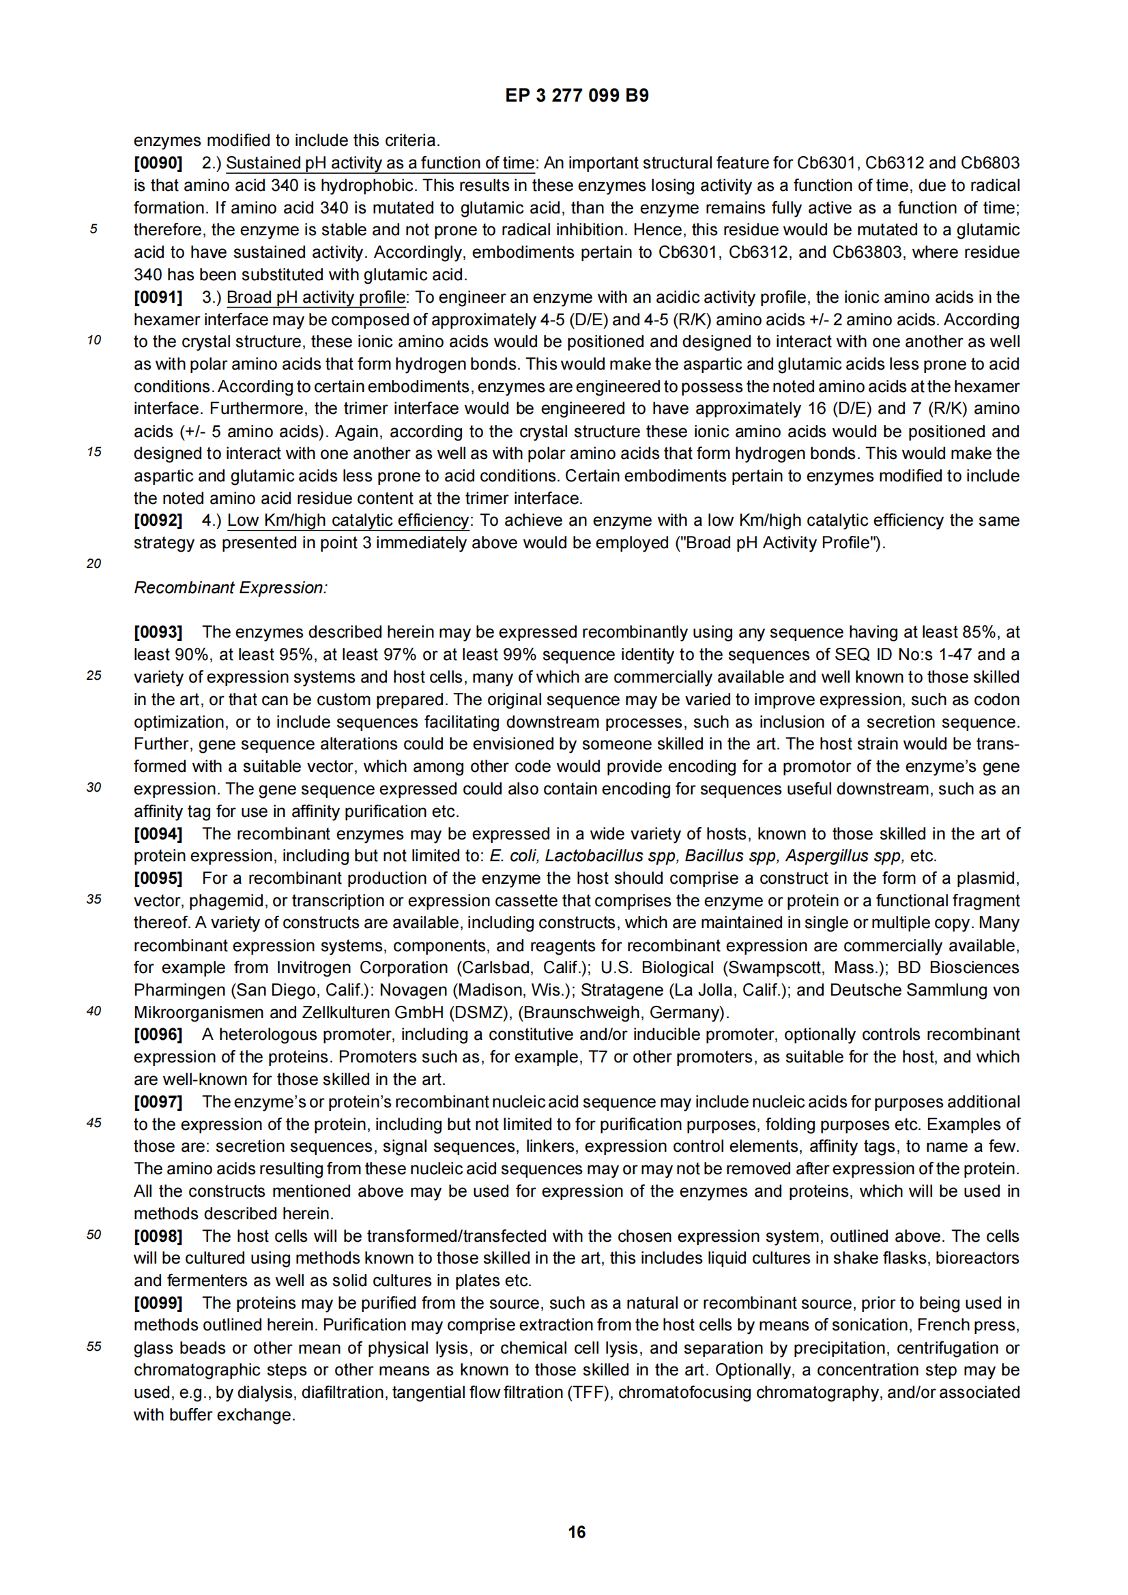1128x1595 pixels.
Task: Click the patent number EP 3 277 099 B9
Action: pos(576,96)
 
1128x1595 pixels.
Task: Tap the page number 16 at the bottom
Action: pos(576,1531)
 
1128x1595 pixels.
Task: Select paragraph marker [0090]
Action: pos(158,163)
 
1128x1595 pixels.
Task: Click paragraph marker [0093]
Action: pos(158,632)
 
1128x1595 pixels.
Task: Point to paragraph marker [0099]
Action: pos(158,1303)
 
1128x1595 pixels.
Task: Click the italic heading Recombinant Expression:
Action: pos(231,588)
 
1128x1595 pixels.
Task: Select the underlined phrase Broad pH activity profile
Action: pos(316,297)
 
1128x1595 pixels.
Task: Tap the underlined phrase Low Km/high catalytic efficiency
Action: pos(348,520)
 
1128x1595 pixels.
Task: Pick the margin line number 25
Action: pos(93,676)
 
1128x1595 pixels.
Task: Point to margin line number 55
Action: pos(93,1347)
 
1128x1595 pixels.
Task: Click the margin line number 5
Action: pos(93,229)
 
